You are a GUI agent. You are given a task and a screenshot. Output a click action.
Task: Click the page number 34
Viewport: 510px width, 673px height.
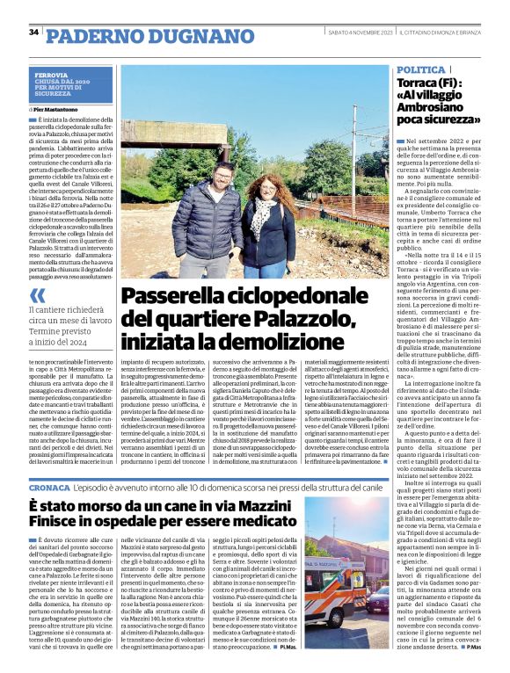33,33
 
